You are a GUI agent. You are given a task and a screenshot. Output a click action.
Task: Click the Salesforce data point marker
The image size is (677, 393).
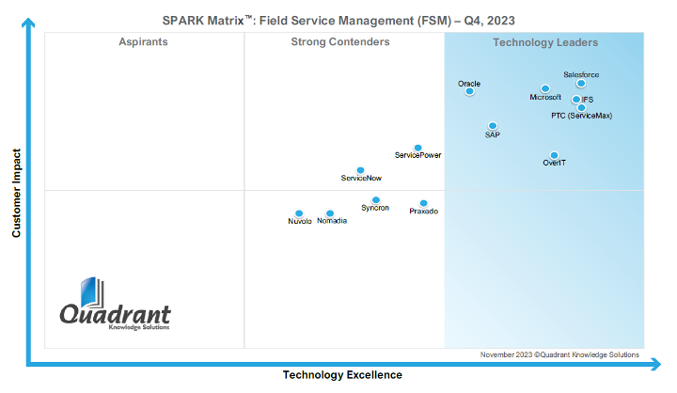pos(581,84)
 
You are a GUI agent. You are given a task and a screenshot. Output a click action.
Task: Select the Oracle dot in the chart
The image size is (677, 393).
pos(469,91)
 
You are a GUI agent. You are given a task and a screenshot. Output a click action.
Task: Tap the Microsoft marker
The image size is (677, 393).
pos(545,88)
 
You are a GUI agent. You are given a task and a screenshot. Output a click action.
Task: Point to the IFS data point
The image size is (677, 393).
pos(576,99)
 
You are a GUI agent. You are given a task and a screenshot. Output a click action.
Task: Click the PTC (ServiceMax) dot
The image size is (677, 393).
pos(581,107)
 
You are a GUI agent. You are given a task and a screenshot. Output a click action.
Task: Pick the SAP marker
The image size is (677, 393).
pos(492,126)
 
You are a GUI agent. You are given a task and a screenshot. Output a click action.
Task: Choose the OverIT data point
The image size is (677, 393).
pos(554,155)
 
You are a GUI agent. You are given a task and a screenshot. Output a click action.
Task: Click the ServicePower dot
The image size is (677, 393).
pos(417,148)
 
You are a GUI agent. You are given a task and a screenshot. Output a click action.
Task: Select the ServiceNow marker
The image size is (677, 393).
pos(360,170)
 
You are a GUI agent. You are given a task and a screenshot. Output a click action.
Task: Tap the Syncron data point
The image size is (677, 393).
pos(375,200)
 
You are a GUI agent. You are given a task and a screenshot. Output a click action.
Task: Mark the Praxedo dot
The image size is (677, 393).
pos(423,203)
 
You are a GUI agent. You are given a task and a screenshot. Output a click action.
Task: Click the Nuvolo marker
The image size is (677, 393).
pos(299,213)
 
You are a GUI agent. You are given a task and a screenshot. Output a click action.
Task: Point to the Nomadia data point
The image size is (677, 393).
pos(330,213)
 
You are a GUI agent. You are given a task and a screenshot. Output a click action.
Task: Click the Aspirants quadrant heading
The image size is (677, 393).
pos(144,42)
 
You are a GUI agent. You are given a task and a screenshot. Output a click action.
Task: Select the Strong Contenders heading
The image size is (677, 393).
pos(340,42)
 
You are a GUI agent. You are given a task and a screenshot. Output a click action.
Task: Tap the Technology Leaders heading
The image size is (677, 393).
pos(545,42)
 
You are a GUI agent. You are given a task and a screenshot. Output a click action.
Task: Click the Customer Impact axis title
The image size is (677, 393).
pos(16,192)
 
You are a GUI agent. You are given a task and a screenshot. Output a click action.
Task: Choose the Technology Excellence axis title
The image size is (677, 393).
pos(342,375)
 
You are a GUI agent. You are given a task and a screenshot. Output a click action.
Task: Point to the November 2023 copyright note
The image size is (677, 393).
pos(559,354)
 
